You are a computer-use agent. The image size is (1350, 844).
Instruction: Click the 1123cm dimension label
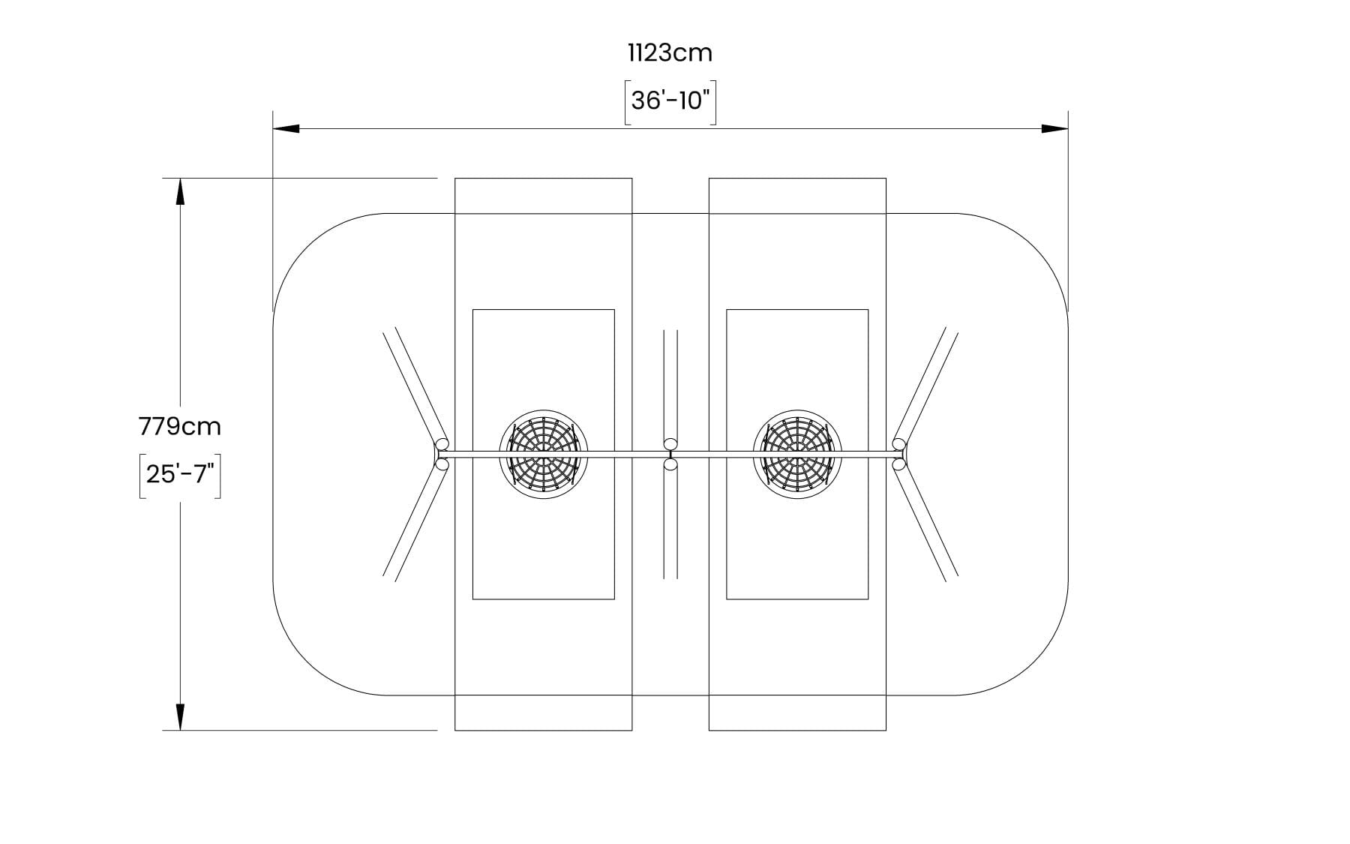[670, 53]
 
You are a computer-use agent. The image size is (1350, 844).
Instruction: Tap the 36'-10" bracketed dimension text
[670, 101]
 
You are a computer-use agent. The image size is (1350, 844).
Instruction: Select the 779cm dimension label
[180, 426]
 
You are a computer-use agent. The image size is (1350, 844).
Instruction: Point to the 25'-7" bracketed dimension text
[180, 475]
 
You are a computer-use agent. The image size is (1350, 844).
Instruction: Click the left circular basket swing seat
[544, 454]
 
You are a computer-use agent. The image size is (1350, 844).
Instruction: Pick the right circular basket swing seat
[797, 454]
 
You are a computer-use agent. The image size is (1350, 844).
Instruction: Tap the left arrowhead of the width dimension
[286, 129]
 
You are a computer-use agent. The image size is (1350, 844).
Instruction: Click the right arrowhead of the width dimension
[1054, 129]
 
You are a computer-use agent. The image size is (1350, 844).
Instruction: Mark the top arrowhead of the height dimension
[180, 191]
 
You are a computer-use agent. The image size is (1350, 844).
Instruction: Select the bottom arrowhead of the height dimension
[180, 716]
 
